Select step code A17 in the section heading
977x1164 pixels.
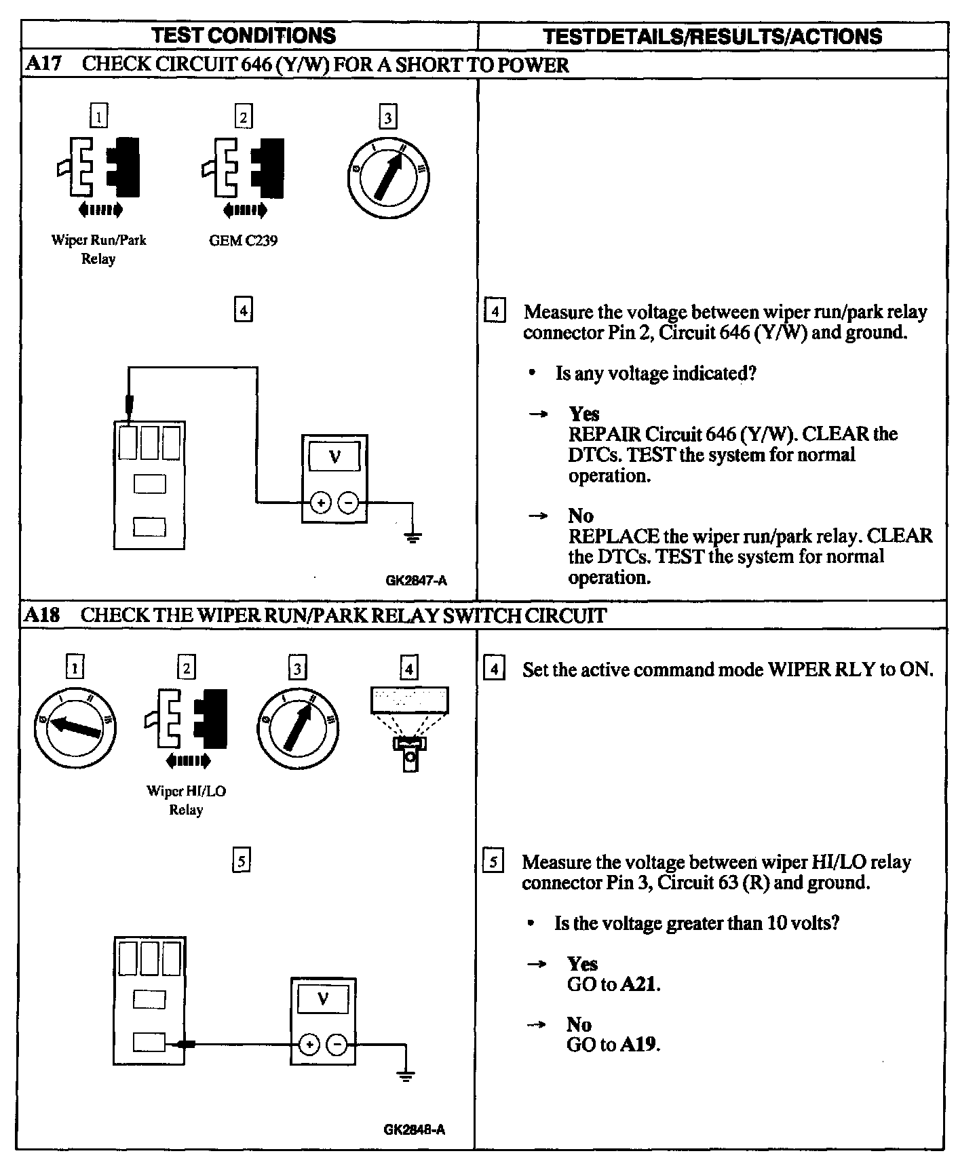(43, 64)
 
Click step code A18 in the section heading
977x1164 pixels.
(42, 615)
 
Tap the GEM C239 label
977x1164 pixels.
(243, 241)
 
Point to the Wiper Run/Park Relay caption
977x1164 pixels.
(98, 249)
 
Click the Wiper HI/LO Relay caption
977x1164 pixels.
(186, 800)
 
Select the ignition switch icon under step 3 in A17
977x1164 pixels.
(387, 178)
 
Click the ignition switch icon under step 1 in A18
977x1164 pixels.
(75, 728)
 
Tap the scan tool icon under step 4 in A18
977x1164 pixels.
(409, 729)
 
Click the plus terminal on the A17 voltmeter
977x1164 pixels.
(320, 503)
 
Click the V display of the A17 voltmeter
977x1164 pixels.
(334, 457)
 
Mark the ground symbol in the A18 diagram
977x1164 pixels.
(405, 1076)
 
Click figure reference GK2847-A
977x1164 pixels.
(416, 580)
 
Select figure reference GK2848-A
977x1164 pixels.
(414, 1129)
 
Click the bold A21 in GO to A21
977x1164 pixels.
(639, 984)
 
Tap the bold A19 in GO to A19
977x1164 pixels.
(639, 1044)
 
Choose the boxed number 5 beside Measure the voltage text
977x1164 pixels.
(493, 862)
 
